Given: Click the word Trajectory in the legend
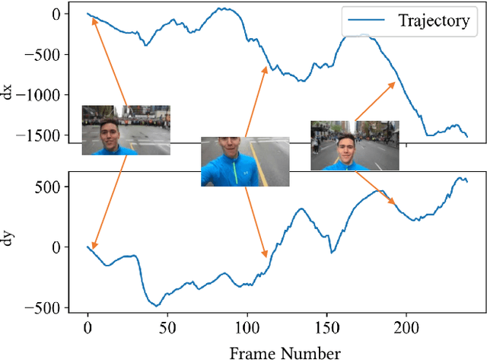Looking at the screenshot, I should pos(433,21).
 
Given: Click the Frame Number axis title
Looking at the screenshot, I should pos(285,351).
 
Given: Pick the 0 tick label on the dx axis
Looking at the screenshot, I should pos(55,14).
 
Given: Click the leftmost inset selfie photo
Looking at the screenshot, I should pos(126,130).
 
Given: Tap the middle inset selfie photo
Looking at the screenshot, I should pos(245,161).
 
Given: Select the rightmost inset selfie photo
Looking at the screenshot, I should pos(355,145).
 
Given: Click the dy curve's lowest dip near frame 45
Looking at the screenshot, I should pos(158,305).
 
